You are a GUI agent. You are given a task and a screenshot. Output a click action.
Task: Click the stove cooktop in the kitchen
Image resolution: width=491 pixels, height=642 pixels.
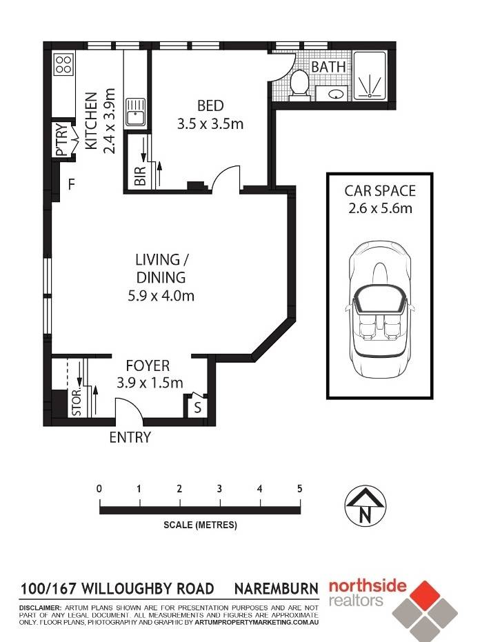click(63, 64)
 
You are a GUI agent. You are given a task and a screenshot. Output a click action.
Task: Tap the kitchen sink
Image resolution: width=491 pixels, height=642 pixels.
click(136, 112)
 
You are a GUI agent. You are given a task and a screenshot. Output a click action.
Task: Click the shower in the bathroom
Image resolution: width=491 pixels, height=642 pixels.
click(370, 76)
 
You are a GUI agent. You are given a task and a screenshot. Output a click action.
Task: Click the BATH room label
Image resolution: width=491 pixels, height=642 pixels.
click(328, 67)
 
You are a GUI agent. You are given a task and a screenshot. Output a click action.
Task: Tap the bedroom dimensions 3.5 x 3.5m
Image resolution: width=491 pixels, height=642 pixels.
click(210, 123)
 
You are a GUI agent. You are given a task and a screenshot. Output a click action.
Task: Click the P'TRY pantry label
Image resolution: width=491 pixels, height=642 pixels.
click(60, 139)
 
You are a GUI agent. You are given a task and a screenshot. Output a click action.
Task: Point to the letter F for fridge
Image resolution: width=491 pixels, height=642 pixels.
click(72, 185)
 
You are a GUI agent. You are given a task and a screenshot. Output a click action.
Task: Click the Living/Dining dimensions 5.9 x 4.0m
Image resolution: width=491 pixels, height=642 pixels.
click(161, 295)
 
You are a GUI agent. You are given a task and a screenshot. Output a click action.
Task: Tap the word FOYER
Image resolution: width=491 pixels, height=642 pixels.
click(148, 365)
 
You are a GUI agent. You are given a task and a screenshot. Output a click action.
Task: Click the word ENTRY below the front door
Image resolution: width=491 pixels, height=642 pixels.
click(130, 437)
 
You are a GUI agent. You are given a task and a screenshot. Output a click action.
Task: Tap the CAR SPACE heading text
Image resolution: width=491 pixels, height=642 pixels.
click(380, 191)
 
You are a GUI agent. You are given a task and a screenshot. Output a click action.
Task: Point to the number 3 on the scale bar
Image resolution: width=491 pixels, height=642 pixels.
click(219, 488)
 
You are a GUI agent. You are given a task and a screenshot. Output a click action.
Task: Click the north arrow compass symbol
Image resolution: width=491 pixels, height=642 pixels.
click(365, 506)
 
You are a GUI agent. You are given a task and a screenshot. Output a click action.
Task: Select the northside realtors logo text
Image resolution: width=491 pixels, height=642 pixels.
click(368, 593)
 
